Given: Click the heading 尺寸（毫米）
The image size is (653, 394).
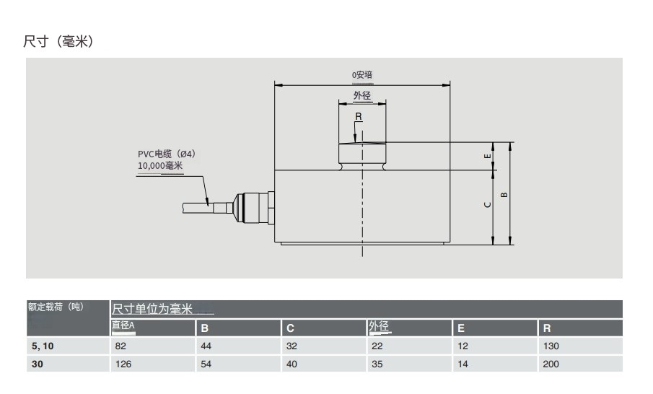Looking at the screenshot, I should point(58,42).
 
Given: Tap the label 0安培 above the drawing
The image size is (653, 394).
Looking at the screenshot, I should point(361,74).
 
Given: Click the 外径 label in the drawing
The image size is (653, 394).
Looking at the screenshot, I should point(361,95).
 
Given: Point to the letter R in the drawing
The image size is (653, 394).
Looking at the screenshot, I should point(359,116).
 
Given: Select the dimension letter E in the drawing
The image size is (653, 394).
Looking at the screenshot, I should point(488,156).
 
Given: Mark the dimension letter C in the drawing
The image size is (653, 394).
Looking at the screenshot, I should point(488,205).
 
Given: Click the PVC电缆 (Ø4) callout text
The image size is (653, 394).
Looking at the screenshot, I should point(167,154).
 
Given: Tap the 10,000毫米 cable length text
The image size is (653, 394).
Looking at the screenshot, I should point(160,165).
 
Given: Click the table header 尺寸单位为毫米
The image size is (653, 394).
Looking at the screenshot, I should point(152,310).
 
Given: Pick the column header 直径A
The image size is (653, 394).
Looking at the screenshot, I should point(123,326).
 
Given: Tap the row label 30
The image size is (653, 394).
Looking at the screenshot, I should point(38,364).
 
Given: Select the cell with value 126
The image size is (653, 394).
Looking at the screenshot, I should point(124,364).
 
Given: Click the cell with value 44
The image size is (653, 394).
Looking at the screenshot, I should point(206,346).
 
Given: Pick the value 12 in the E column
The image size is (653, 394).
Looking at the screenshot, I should point(463,346).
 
